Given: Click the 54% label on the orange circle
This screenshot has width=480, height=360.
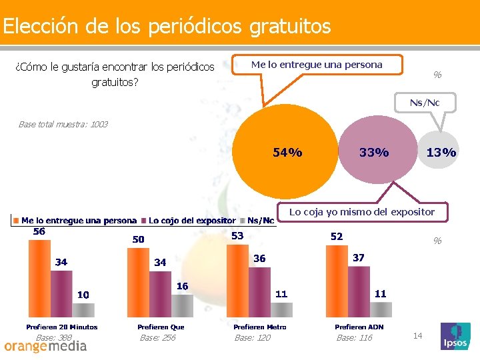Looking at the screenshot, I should coord(287,153).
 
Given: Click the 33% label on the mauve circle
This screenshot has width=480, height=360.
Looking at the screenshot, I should coord(373,153).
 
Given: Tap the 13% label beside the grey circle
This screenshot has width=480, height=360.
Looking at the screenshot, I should coord(441,153).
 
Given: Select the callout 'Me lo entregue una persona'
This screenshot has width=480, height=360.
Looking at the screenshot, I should coord(317,65).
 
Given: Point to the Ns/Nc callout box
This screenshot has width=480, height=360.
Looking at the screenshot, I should coord(425,103).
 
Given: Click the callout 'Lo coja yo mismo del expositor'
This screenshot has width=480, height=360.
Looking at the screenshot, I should coord(361,212).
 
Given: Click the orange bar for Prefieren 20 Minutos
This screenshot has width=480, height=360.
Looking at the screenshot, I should coord(39,279).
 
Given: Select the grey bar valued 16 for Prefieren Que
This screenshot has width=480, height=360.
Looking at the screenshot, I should coord(182,305).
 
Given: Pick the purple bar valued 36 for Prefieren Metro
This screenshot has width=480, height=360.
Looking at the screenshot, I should coord(260,293).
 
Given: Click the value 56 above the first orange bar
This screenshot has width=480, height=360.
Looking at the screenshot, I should coord(39,231).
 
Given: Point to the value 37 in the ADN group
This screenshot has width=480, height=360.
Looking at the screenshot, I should coord(359,257).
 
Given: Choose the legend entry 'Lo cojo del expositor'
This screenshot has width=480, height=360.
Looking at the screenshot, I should coord(192,220).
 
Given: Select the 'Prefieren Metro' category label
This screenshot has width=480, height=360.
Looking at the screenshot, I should coord(260,327).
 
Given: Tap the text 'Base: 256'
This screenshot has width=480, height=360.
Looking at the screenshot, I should coord(157,338).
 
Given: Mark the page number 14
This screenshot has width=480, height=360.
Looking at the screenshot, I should coord(418,335).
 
